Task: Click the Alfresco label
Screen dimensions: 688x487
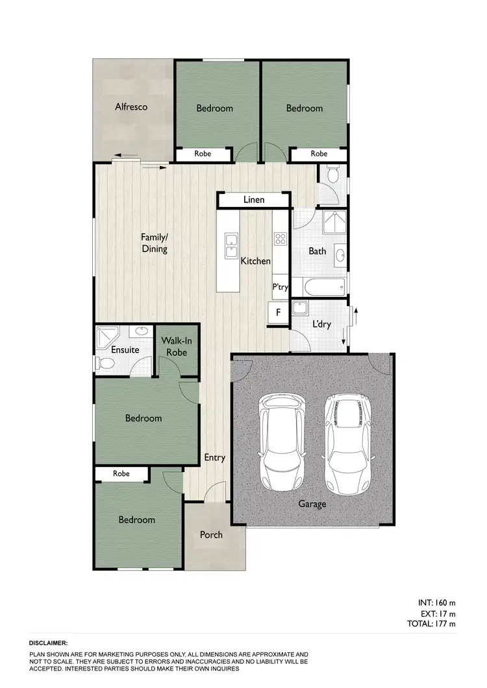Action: click(x=131, y=106)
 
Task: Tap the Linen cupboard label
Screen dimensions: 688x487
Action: click(x=254, y=200)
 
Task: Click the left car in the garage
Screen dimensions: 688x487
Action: click(x=282, y=443)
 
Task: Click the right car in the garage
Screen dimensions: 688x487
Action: click(x=347, y=443)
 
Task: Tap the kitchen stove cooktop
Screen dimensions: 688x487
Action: click(x=280, y=239)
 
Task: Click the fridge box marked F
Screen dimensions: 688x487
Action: click(x=278, y=313)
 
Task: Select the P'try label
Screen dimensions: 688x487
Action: click(x=280, y=287)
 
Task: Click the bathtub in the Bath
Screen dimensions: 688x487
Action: click(x=318, y=285)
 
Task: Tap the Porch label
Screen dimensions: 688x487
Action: click(x=211, y=534)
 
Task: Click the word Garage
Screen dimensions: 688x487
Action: click(x=312, y=503)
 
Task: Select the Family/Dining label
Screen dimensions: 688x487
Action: click(x=155, y=243)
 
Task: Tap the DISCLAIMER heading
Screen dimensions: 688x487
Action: click(x=49, y=643)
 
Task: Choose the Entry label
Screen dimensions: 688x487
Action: click(x=214, y=457)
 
